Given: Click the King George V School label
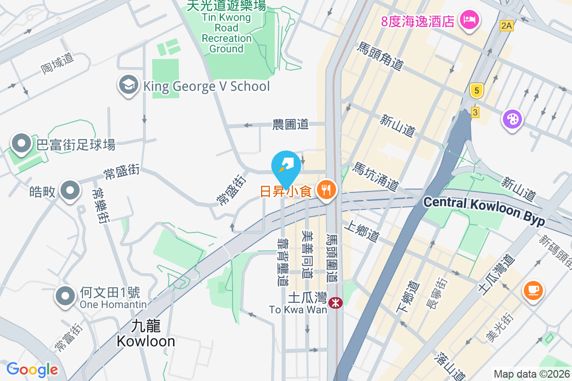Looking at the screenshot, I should [206, 86].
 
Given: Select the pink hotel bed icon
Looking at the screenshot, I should [469, 20].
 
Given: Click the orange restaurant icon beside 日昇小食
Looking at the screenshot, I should [326, 191].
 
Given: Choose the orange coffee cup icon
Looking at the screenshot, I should [533, 290].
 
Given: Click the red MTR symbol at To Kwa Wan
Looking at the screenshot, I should [335, 302].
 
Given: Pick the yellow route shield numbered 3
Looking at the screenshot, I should [475, 112].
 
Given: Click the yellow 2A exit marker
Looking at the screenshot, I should [506, 26].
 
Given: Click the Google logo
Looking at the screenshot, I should [32, 369].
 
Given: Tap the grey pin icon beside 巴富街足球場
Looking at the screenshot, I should [21, 143].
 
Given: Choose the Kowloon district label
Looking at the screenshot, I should [146, 333].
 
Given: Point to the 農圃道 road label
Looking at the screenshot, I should [290, 125].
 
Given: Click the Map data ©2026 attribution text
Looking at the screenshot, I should [531, 374].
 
